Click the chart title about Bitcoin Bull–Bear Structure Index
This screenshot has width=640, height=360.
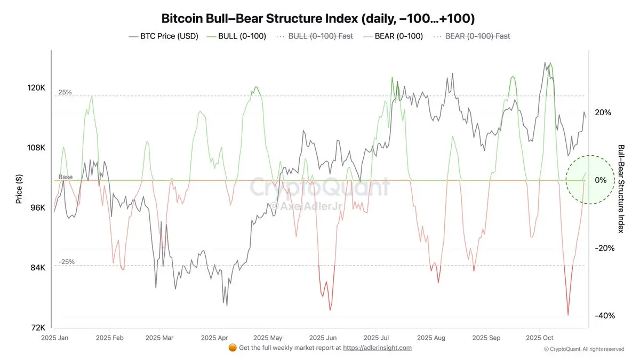(318, 19)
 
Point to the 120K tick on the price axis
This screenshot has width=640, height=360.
(37, 88)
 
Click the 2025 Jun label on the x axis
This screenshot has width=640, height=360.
(323, 338)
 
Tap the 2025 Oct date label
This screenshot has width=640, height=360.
(540, 338)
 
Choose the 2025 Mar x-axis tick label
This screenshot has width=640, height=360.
(159, 338)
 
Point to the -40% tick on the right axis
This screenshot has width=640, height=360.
(604, 316)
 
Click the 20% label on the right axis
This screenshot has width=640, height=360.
(603, 113)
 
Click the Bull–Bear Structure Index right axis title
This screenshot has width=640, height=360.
(621, 188)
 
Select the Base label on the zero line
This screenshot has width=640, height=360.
(66, 177)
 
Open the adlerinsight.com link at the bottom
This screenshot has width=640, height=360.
(377, 348)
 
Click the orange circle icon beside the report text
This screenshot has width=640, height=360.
(233, 348)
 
